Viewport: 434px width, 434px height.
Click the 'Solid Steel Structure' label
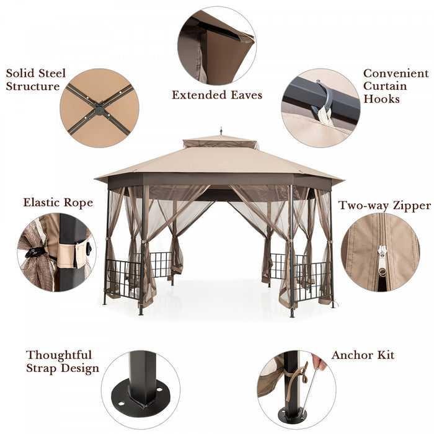36,80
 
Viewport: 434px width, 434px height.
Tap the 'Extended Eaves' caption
217,95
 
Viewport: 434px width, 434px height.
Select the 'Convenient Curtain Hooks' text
396,86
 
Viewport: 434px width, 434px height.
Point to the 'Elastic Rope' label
58,203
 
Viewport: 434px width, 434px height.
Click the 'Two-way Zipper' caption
384,206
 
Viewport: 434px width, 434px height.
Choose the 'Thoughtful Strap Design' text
62,361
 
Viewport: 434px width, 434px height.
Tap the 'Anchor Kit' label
363,355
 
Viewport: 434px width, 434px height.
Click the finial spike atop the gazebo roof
221,131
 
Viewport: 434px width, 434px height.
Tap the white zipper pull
382,259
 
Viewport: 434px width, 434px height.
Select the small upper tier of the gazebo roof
221,142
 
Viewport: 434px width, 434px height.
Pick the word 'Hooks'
381,99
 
